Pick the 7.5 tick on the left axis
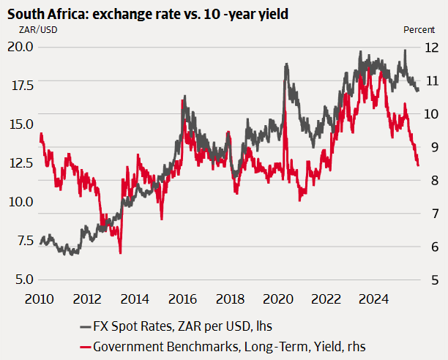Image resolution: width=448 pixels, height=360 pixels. point(20,241)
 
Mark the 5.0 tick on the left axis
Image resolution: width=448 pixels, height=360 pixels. point(20,280)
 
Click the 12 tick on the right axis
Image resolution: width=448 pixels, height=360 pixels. point(433,46)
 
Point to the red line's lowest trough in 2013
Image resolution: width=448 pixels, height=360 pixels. point(120,252)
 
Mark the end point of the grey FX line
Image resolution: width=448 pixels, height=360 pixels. point(418,90)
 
